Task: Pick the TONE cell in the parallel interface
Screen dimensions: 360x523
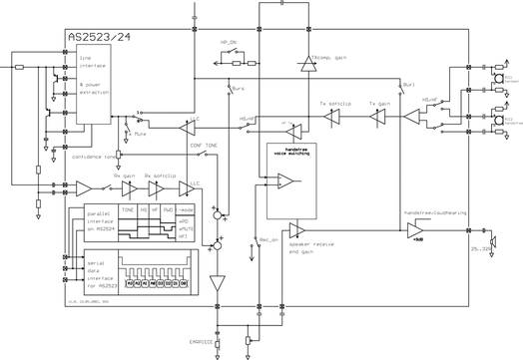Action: (127, 210)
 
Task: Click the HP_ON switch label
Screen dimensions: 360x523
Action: (229, 43)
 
